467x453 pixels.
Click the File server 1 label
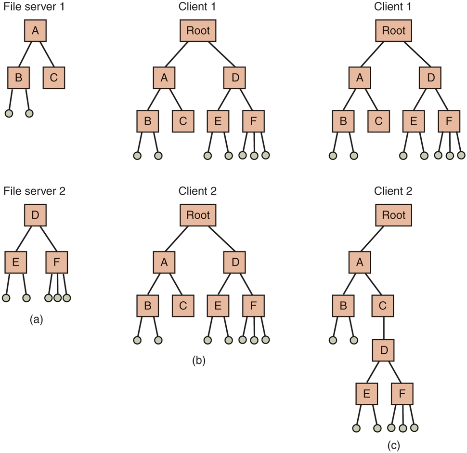[x=34, y=8]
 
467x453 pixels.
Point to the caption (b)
[x=198, y=360]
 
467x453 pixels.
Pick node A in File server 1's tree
[x=35, y=31]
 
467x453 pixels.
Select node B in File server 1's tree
[x=19, y=78]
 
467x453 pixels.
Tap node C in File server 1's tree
[x=54, y=78]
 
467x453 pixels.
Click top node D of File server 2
[x=35, y=215]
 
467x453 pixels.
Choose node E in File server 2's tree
[x=15, y=262]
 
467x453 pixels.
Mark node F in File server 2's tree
[x=57, y=262]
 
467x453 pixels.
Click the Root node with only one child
[x=394, y=214]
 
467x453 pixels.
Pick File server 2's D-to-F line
[x=46, y=239]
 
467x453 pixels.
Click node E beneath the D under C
[x=367, y=394]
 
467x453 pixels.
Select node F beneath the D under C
[x=402, y=394]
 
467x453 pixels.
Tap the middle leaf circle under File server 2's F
[x=57, y=298]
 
